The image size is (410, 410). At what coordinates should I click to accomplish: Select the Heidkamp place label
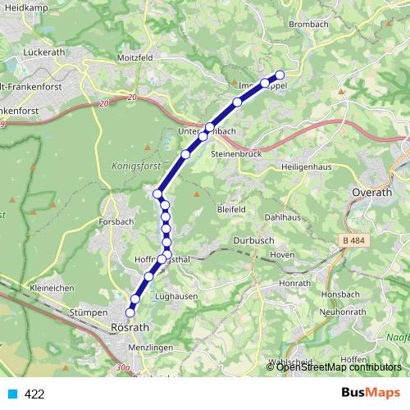pos(25,7)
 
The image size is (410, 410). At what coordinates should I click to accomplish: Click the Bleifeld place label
pos(231,210)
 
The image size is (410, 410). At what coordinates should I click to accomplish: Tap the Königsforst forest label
pos(126,165)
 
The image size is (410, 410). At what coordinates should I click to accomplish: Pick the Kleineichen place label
pos(52,288)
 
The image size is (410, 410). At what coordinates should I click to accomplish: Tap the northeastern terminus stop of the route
pos(280,75)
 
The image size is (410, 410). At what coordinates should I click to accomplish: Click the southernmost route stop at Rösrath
pos(130,312)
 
